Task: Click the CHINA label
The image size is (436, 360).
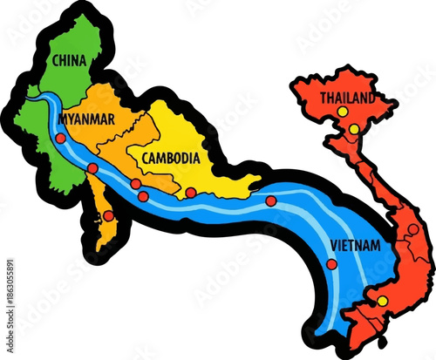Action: point(69,60)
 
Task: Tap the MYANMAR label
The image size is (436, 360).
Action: point(86,119)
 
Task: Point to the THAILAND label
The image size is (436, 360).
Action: point(348,98)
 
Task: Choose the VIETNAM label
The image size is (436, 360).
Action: point(355,246)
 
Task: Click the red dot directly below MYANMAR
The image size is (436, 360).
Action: point(60,138)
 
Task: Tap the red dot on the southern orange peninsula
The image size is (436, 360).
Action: point(107,215)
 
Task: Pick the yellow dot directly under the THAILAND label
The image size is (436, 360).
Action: point(343,112)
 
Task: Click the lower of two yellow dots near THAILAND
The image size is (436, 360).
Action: point(354,129)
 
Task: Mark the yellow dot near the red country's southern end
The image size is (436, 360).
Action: point(381,302)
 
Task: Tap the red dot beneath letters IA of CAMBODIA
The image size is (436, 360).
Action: point(190,193)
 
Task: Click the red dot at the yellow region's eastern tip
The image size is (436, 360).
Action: point(271,200)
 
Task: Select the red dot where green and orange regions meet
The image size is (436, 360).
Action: point(92,168)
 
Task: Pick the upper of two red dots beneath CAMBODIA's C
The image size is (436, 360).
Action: point(136,184)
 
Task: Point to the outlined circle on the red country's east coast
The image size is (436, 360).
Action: point(412,229)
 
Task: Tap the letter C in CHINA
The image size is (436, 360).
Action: point(56,60)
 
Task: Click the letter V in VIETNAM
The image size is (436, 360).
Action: point(333,246)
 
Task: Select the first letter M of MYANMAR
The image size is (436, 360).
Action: point(62,119)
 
